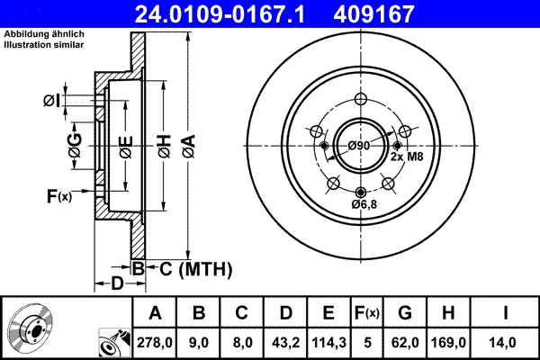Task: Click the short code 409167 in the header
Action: click(x=401, y=13)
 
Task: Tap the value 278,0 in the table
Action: click(x=155, y=342)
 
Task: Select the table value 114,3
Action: click(x=328, y=342)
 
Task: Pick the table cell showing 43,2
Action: click(x=286, y=342)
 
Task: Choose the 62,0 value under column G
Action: click(x=404, y=342)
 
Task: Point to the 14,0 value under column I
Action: click(x=507, y=342)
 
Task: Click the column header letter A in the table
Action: click(x=155, y=312)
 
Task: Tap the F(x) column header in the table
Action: click(x=367, y=312)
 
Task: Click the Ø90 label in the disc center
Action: click(x=359, y=146)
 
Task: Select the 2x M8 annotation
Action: click(x=406, y=157)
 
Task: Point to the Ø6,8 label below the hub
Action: click(x=363, y=205)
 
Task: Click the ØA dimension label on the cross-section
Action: click(x=187, y=144)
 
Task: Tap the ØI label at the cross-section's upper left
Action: click(x=53, y=100)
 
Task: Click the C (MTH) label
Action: click(x=190, y=268)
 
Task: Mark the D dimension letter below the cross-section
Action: click(x=118, y=284)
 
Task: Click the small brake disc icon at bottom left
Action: click(x=29, y=330)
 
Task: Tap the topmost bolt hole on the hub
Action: click(x=362, y=100)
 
